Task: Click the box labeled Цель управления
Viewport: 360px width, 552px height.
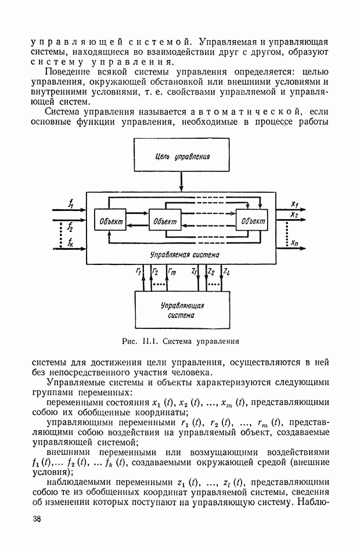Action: click(182, 157)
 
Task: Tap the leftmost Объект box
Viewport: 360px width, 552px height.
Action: click(110, 221)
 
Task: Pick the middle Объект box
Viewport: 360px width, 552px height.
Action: click(165, 221)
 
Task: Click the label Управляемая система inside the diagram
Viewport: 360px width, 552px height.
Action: click(185, 255)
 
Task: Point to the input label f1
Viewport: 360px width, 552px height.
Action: click(70, 204)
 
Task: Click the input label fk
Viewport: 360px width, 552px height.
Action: click(70, 241)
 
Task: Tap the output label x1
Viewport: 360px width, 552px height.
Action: click(294, 205)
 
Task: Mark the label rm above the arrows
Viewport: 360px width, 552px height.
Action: click(172, 271)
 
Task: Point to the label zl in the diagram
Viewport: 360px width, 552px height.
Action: click(226, 271)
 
